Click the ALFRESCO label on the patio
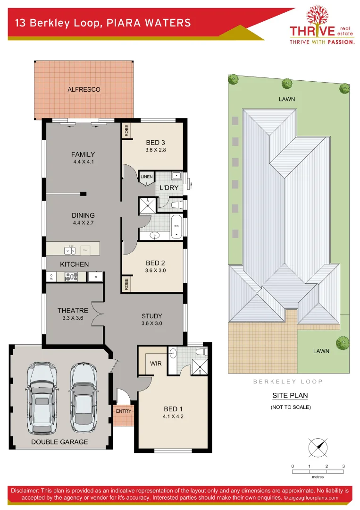(84, 89)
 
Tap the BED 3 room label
(155, 143)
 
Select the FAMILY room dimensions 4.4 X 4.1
(83, 162)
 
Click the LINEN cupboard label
(146, 177)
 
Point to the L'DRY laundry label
(168, 187)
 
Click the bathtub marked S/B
(176, 227)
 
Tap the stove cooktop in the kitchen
(71, 277)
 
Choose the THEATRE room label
(73, 310)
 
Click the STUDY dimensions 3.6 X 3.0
(151, 323)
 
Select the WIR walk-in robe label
(156, 364)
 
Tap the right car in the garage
(84, 397)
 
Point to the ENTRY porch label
(124, 411)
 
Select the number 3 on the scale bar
(343, 466)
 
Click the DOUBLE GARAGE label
(59, 442)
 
